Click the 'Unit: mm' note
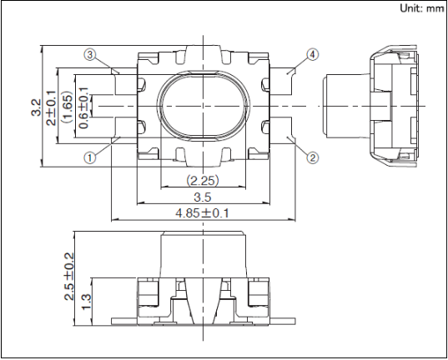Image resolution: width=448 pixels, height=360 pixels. click(x=421, y=8)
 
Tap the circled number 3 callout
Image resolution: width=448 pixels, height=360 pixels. click(x=90, y=54)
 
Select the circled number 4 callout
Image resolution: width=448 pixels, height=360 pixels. click(x=313, y=54)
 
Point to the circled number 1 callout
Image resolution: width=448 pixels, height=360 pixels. click(x=90, y=157)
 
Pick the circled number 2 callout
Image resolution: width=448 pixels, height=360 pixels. click(x=313, y=157)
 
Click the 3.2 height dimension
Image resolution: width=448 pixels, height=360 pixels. click(x=36, y=107)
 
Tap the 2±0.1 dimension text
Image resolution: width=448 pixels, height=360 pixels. click(x=52, y=107)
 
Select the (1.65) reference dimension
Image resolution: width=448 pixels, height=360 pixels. click(x=68, y=107)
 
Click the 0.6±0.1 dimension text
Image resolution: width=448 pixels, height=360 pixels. click(x=83, y=107)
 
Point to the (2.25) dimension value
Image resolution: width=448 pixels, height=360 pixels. click(x=203, y=180)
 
